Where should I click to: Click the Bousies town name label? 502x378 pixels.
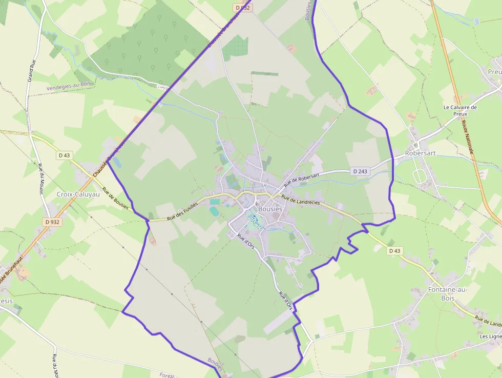tap(270, 209)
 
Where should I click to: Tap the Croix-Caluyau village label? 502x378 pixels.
tap(79, 194)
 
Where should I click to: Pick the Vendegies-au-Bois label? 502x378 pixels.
tap(68, 88)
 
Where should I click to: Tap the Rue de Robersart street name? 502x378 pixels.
tap(302, 178)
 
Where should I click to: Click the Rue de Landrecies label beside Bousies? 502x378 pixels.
tap(301, 201)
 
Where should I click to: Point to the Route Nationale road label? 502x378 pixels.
tap(467, 136)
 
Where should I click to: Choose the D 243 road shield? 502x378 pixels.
tap(360, 171)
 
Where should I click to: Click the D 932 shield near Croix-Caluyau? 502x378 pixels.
tap(52, 222)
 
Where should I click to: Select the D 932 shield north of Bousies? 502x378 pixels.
tap(243, 8)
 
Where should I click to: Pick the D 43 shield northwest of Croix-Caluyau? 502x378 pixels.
tap(64, 155)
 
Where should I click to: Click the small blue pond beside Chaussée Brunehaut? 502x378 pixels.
tap(116, 162)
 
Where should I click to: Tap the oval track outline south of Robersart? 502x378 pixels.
tap(419, 176)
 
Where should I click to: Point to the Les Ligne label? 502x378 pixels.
tap(491, 336)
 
